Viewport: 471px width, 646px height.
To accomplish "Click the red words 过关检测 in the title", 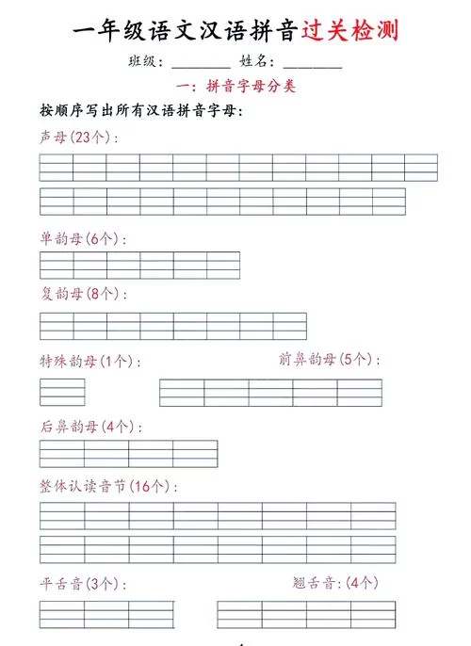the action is point(350,31).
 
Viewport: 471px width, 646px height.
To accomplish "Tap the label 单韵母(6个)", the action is point(83,238).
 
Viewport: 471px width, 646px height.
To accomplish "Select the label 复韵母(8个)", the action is point(83,294).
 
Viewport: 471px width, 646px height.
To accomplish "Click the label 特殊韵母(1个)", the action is point(90,361).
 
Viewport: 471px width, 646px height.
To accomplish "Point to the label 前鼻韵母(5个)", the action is point(330,359).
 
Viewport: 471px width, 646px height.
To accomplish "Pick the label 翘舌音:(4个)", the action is point(335,583).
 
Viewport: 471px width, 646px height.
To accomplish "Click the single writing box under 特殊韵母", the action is point(62,392).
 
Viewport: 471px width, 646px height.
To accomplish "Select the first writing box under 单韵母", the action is point(57,265).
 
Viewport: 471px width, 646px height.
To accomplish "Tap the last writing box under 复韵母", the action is point(289,326).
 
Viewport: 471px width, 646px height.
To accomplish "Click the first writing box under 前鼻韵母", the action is point(182,392).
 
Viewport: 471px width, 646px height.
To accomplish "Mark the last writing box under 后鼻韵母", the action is point(195,453).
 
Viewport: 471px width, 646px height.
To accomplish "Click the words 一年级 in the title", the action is point(105,31).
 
